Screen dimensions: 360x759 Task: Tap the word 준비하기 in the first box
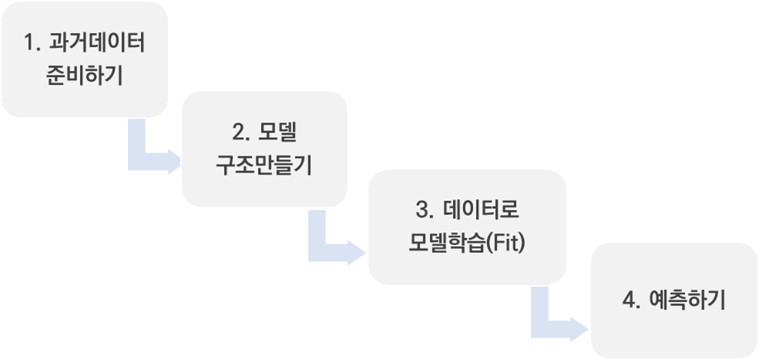(x=85, y=77)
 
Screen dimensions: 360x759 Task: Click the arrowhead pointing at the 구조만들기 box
(x=172, y=163)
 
